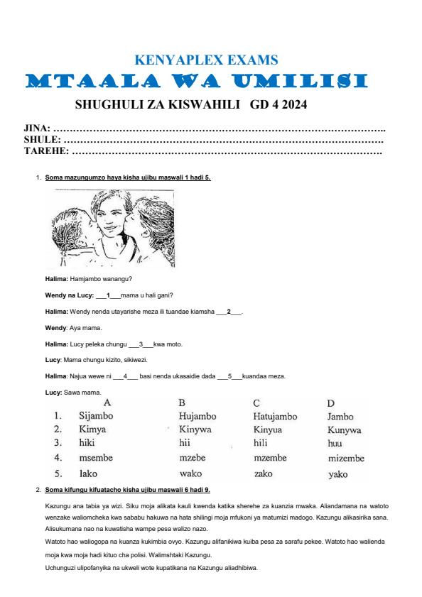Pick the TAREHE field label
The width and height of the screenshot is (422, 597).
click(46, 151)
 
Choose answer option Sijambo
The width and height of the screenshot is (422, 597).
click(96, 417)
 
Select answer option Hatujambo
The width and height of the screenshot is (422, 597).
click(275, 417)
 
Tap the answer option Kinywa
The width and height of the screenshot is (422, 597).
click(195, 430)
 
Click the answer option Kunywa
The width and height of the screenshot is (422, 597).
click(345, 430)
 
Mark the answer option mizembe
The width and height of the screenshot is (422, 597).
click(346, 459)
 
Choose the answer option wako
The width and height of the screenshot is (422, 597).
click(191, 473)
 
